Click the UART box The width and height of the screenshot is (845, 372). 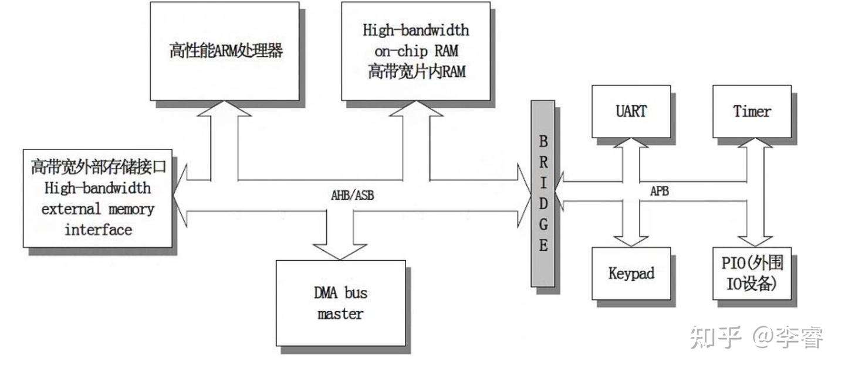pos(631,111)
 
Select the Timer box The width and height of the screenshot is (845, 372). pos(752,111)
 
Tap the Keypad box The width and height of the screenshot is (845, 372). pos(631,273)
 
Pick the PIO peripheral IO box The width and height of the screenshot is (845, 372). pos(752,273)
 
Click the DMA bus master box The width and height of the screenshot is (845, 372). pos(340,303)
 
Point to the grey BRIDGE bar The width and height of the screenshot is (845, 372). pos(543,193)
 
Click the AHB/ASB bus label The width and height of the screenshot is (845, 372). pos(352,196)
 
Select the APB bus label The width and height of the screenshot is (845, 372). pos(660,192)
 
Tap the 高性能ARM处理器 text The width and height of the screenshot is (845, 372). pos(226,51)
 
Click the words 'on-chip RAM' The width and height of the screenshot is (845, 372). pos(415,50)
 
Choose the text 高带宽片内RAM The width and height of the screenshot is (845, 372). pos(415,71)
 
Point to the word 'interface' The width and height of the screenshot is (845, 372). pos(98,229)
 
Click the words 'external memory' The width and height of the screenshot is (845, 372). pos(98,209)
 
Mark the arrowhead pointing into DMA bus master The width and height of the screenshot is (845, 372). pos(340,250)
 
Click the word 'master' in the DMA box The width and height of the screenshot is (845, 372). pos(340,313)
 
